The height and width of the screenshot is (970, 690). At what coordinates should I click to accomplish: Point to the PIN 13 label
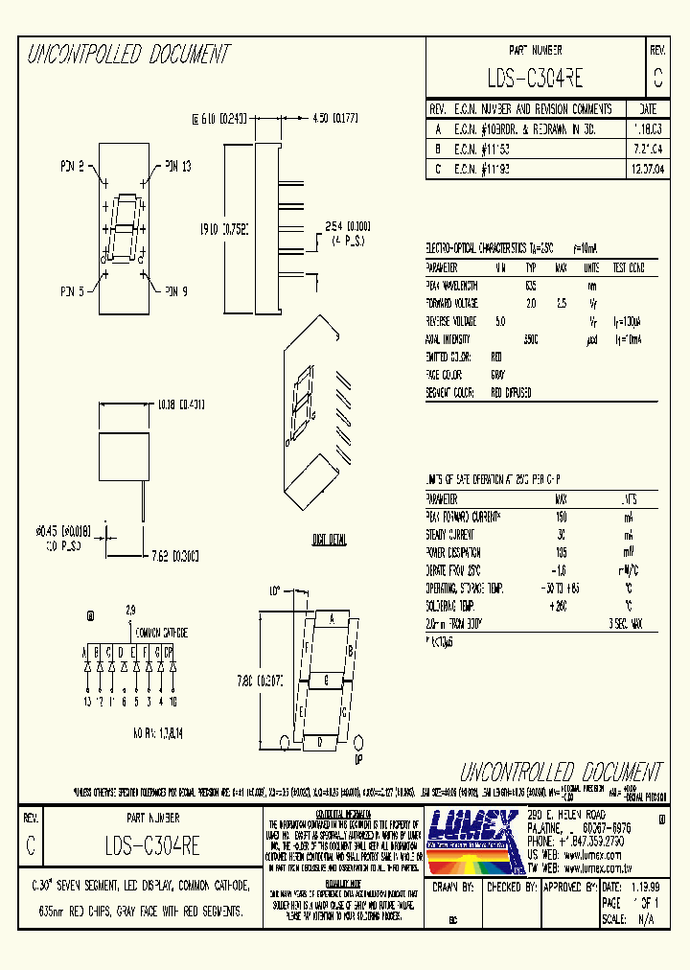tap(178, 166)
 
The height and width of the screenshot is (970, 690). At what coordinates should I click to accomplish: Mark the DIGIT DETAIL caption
tap(329, 541)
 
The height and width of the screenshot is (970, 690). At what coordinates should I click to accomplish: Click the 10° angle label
tap(275, 591)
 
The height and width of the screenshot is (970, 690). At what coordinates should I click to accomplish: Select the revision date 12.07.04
tap(647, 168)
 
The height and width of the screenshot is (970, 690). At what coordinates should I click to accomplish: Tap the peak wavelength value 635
tap(531, 286)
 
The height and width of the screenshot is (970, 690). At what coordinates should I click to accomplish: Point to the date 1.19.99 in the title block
tap(646, 889)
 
